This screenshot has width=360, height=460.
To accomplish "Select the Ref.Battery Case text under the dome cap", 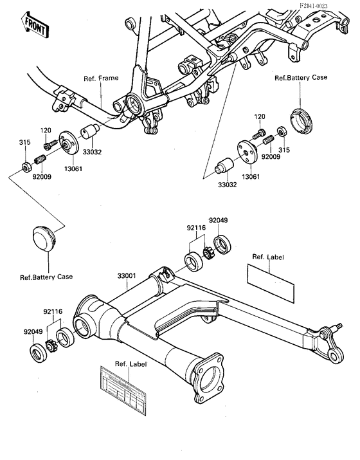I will (x=46, y=277).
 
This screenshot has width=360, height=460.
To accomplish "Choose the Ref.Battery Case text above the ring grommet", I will (x=301, y=77).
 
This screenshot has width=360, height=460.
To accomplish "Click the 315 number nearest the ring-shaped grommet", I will (x=283, y=149).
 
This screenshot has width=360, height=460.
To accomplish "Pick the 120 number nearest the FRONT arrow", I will (x=46, y=131).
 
